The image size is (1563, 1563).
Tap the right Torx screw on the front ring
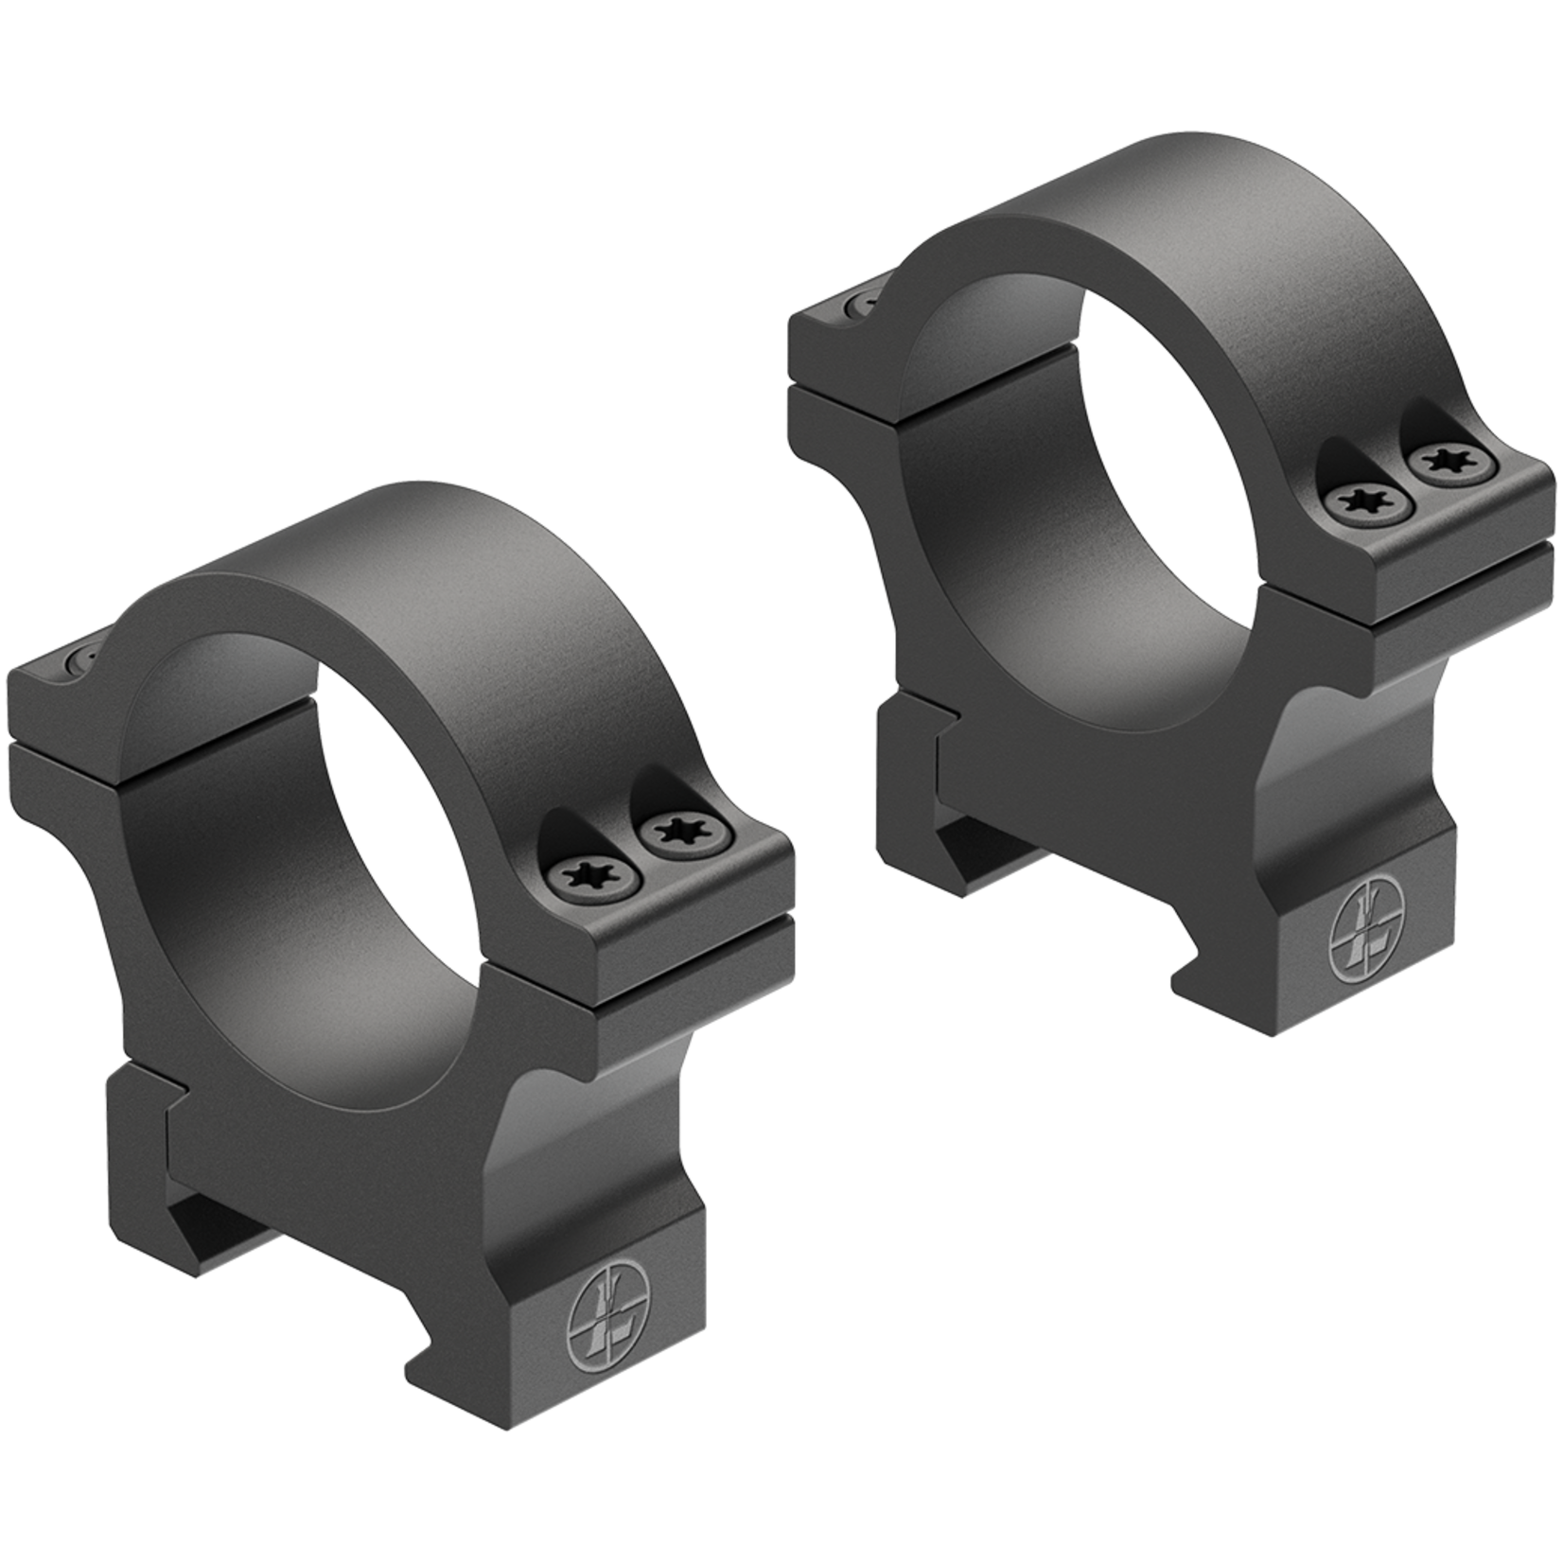click(677, 833)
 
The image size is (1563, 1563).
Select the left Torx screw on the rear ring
click(1365, 500)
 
